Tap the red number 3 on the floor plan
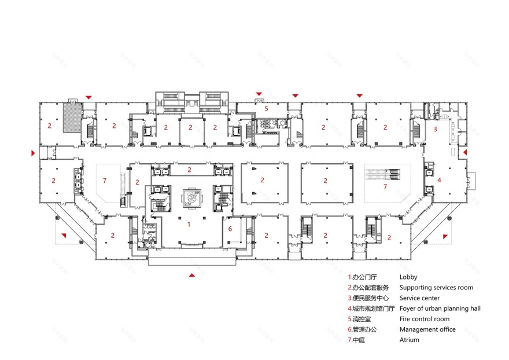[435, 129]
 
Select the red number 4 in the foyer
[439, 180]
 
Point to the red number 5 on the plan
[266, 108]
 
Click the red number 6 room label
[230, 229]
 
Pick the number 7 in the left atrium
[104, 181]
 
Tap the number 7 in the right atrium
[386, 187]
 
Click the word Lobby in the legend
[408, 277]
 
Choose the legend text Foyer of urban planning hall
[440, 308]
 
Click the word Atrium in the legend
[409, 340]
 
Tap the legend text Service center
[419, 298]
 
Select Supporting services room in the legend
[436, 288]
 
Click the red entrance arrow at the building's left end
[34, 153]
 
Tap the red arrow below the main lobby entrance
[191, 275]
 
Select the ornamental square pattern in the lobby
[191, 198]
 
